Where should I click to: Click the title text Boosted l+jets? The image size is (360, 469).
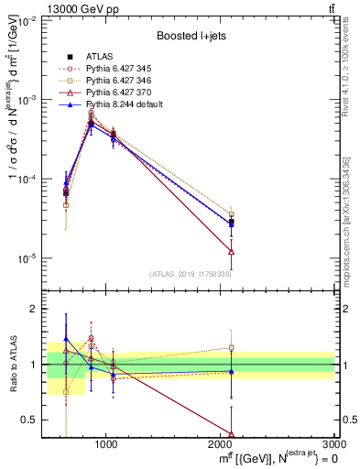[x=191, y=36]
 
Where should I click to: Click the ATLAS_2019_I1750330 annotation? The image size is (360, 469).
[x=191, y=274]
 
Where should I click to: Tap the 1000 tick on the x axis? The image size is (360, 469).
[x=106, y=446]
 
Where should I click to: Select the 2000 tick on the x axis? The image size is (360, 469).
[x=221, y=446]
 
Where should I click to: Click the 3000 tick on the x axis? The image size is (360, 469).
[x=334, y=446]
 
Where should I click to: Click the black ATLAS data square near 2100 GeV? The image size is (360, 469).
[x=231, y=223]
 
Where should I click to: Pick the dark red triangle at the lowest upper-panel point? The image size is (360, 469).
[x=231, y=251]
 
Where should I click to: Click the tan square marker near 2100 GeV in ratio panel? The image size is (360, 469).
[x=231, y=348]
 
